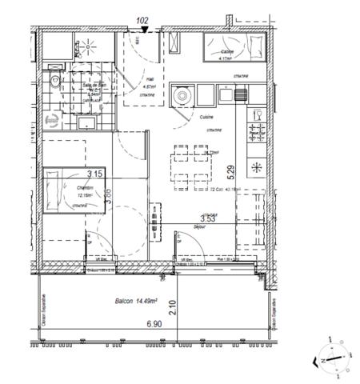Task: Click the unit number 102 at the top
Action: [x=142, y=22]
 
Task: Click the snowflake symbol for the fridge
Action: [x=258, y=167]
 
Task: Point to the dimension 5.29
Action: [x=231, y=170]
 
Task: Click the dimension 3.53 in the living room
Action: [x=208, y=217]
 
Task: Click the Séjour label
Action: [x=201, y=227]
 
